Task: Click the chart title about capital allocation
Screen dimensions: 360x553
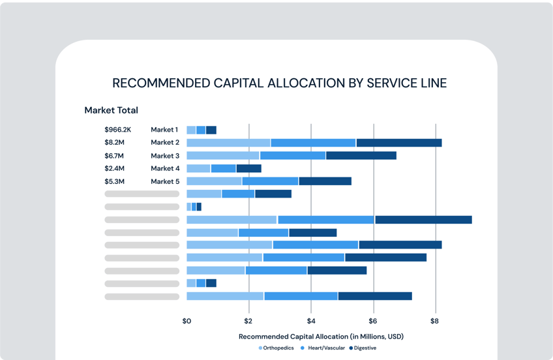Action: click(280, 83)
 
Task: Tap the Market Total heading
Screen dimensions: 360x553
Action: click(111, 110)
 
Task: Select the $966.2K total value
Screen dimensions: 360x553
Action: click(117, 130)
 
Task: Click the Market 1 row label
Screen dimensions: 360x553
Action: click(164, 130)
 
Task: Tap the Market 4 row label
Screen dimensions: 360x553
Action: click(165, 168)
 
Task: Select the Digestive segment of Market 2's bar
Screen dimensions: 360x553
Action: click(399, 143)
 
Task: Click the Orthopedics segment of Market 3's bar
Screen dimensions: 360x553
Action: click(223, 156)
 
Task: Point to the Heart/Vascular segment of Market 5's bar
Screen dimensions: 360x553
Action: click(270, 181)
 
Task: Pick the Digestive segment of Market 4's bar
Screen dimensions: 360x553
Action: click(248, 168)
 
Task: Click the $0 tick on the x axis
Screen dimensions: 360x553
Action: click(187, 321)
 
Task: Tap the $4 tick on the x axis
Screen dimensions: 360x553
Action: click(311, 321)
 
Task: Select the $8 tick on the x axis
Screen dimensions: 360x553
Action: click(435, 321)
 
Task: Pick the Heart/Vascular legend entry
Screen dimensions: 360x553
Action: click(323, 348)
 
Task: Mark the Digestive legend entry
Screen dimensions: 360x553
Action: click(363, 348)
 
